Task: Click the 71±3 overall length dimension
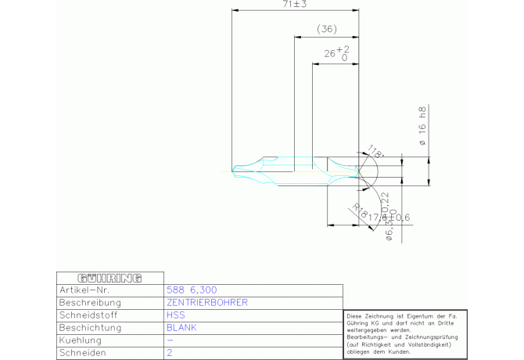pyautogui.click(x=295, y=5)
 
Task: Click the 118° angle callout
pyautogui.click(x=376, y=153)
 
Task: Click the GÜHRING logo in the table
pyautogui.click(x=109, y=278)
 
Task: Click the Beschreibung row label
pyautogui.click(x=90, y=302)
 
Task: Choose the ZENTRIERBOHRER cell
pyautogui.click(x=207, y=302)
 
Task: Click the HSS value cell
pyautogui.click(x=176, y=315)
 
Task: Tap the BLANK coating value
pyautogui.click(x=181, y=328)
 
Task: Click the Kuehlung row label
pyautogui.click(x=81, y=340)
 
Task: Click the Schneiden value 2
pyautogui.click(x=170, y=353)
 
